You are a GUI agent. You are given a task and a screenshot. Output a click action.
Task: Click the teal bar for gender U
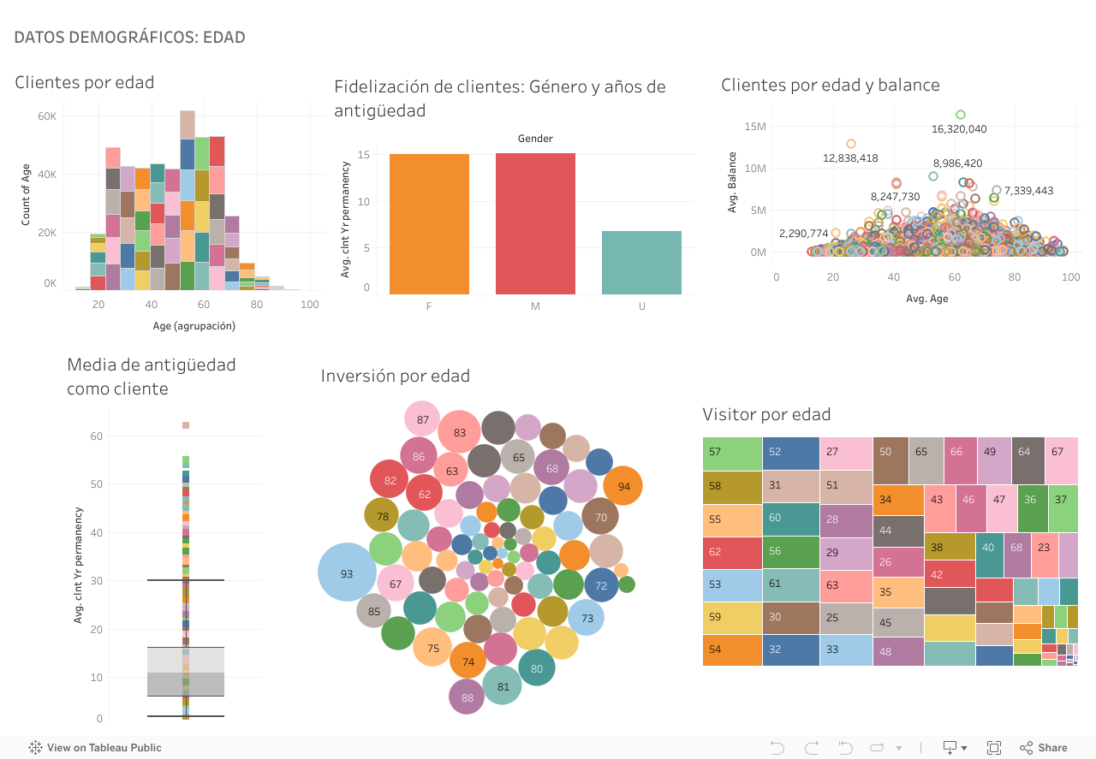pyautogui.click(x=641, y=263)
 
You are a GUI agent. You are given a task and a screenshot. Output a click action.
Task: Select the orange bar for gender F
pyautogui.click(x=429, y=224)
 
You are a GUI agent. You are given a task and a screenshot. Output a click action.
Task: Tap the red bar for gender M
pyautogui.click(x=535, y=224)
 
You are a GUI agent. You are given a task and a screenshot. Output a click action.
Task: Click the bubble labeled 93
pyautogui.click(x=347, y=573)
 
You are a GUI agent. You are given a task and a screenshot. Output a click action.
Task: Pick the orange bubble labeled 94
pyautogui.click(x=623, y=486)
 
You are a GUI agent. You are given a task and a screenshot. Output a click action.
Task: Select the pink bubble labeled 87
pyautogui.click(x=422, y=419)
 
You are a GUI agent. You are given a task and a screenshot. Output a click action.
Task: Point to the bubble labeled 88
pyautogui.click(x=468, y=697)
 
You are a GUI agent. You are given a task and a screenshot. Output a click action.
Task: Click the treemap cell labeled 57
pyautogui.click(x=732, y=452)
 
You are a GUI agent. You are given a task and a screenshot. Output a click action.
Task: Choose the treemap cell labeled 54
pyautogui.click(x=732, y=649)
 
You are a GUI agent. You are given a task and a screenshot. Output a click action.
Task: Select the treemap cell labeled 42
pyautogui.click(x=950, y=574)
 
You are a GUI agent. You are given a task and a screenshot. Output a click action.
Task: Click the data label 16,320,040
pyautogui.click(x=959, y=129)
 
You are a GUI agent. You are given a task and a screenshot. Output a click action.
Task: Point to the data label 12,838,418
pyautogui.click(x=850, y=158)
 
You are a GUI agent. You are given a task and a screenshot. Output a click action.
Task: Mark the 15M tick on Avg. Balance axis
pyautogui.click(x=754, y=127)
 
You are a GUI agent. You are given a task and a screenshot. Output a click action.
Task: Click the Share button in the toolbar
pyautogui.click(x=1043, y=747)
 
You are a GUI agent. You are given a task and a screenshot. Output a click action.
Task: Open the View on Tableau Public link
pyautogui.click(x=95, y=747)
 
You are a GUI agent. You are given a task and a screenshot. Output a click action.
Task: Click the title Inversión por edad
pyautogui.click(x=395, y=376)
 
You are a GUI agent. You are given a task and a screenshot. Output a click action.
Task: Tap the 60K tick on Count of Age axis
pyautogui.click(x=46, y=116)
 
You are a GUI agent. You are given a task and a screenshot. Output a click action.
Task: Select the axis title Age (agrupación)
pyautogui.click(x=194, y=326)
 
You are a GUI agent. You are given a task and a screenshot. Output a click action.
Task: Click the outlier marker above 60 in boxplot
pyautogui.click(x=185, y=425)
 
